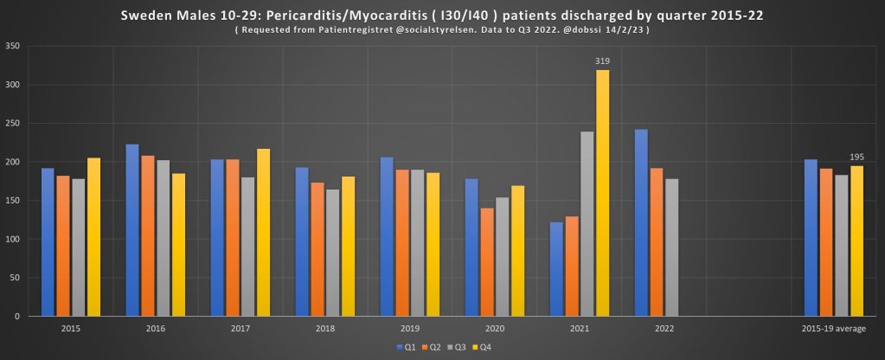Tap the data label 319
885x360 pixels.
click(x=603, y=61)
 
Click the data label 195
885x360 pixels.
click(x=857, y=157)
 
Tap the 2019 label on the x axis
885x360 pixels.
click(x=411, y=329)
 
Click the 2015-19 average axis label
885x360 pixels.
click(x=834, y=329)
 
